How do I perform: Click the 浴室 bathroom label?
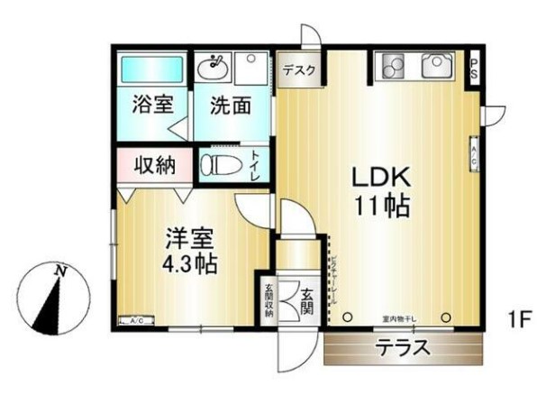tap(151, 104)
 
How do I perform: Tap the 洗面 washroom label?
tap(230, 105)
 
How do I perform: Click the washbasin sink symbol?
tap(217, 65)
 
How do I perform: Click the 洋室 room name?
tap(188, 239)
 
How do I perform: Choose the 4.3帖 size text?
tap(187, 266)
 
